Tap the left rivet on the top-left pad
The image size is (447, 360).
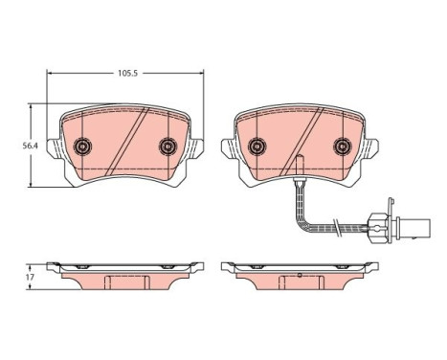82,146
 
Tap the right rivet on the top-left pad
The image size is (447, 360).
168,146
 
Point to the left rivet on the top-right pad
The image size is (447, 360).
257,146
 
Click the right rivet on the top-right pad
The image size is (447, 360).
343,146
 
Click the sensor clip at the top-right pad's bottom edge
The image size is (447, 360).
300,165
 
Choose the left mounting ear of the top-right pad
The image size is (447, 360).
228,149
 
